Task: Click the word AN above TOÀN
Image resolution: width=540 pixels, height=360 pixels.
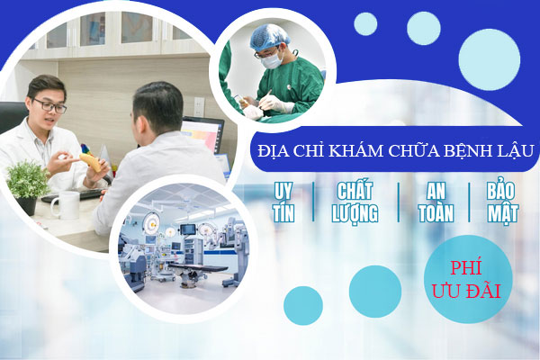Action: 435,192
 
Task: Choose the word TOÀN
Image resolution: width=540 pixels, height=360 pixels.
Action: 435,213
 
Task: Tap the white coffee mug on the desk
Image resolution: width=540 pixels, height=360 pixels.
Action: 64,205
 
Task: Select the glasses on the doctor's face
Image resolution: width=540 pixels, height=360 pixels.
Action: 49,105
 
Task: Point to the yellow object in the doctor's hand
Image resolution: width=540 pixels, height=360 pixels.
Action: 91,163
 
